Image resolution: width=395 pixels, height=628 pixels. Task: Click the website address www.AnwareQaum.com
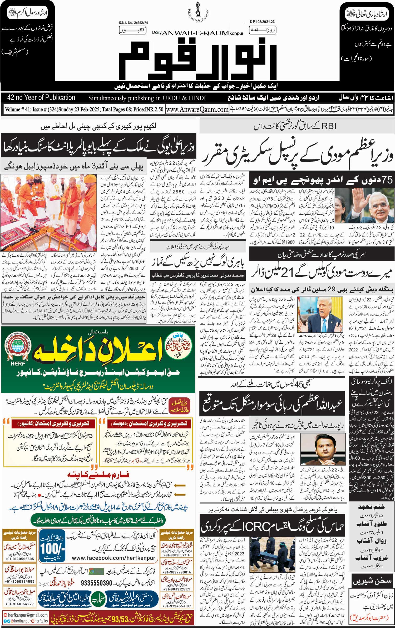tap(197, 109)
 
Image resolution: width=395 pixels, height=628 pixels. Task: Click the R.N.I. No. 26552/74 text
tap(133, 23)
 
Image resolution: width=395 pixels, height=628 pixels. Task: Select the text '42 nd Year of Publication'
tap(41, 98)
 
